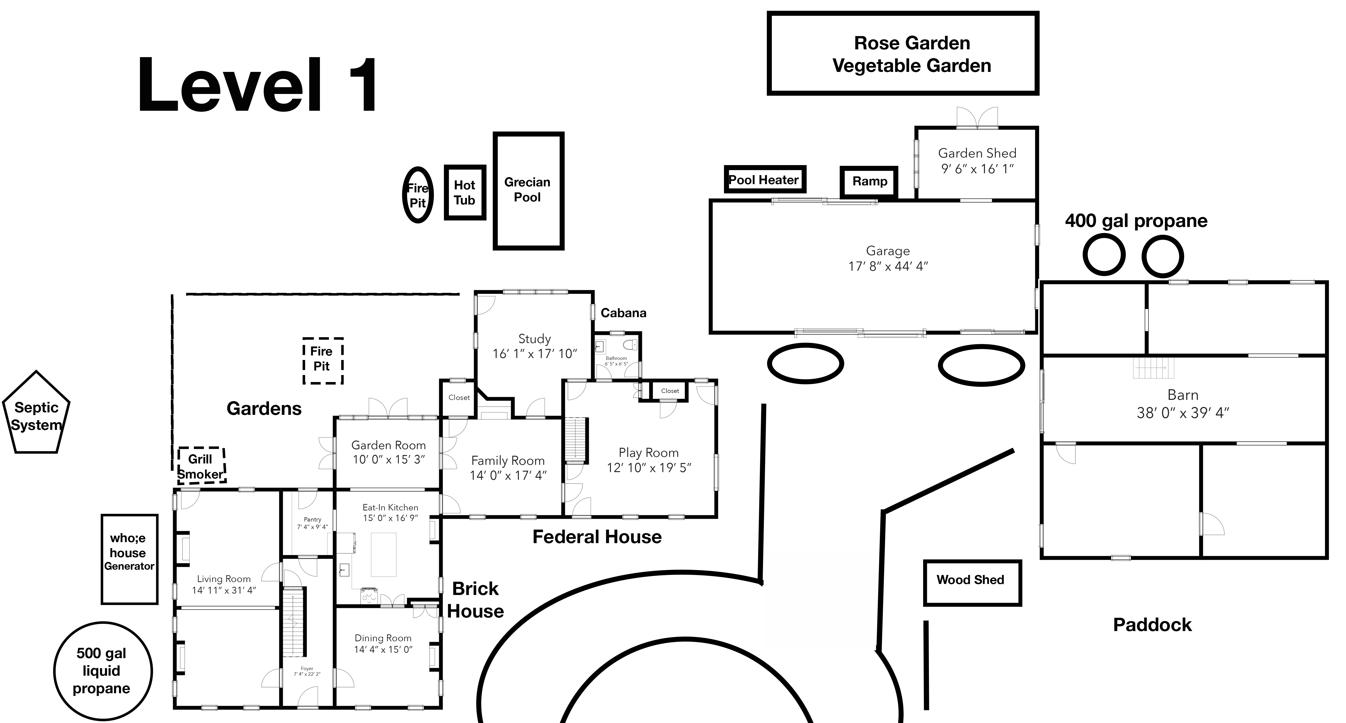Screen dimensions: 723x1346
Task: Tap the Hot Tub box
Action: pyautogui.click(x=464, y=193)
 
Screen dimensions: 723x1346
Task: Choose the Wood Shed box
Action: pyautogui.click(x=971, y=582)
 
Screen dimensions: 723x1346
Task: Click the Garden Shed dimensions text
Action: pyautogui.click(x=977, y=169)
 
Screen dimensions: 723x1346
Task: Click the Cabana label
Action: pyautogui.click(x=623, y=313)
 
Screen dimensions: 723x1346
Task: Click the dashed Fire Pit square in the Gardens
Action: pyautogui.click(x=322, y=360)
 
